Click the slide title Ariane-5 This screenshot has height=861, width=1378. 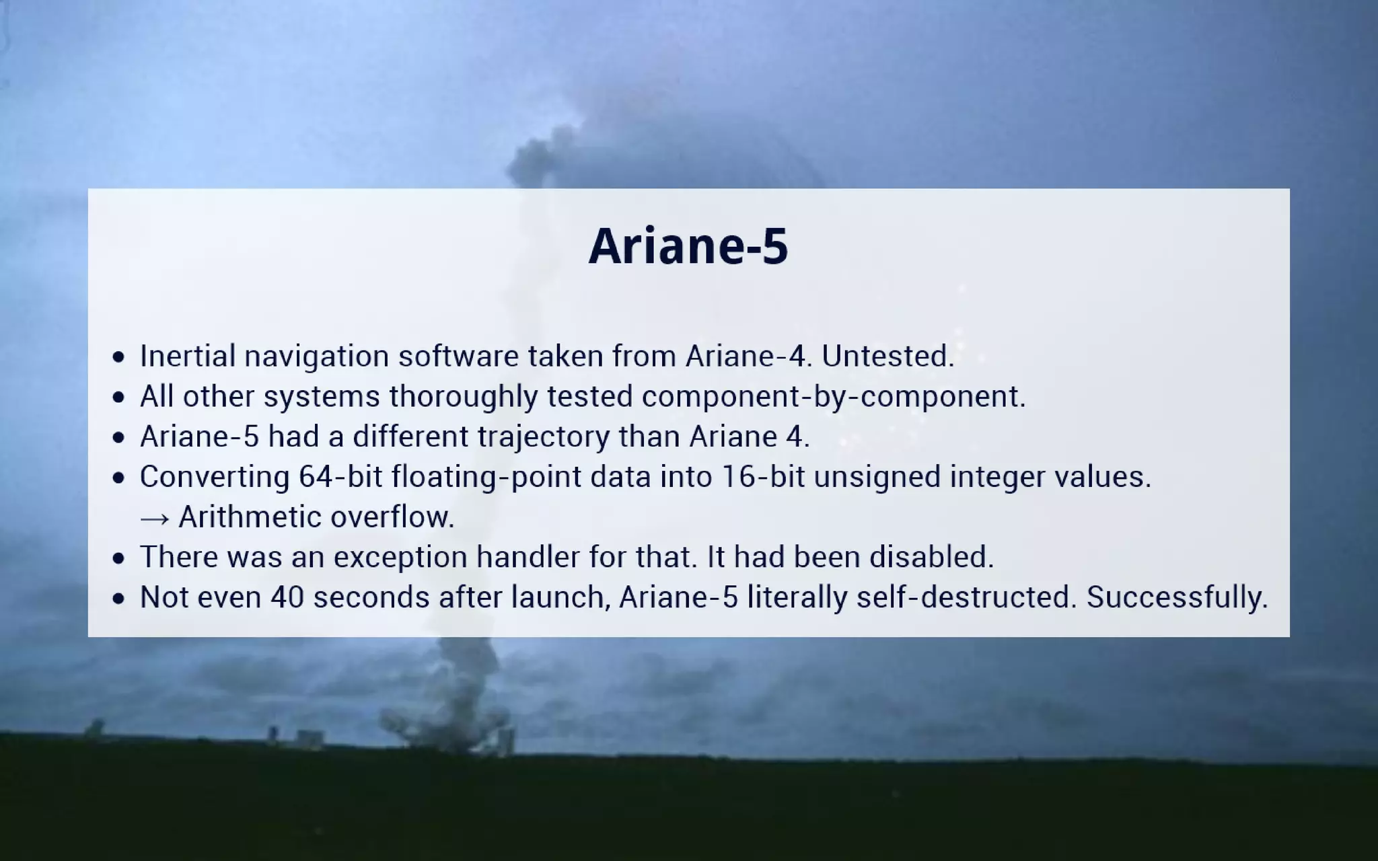(688, 246)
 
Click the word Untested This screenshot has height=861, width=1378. (887, 357)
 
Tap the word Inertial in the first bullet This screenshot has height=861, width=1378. (188, 357)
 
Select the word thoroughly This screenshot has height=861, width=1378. (464, 397)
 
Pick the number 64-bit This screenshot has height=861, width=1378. (340, 477)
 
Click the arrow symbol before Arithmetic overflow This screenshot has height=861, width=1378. (155, 518)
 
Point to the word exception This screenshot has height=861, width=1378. (400, 558)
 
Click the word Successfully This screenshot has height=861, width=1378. (1177, 597)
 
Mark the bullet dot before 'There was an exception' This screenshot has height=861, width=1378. (119, 558)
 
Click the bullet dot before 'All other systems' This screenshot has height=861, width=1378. (119, 398)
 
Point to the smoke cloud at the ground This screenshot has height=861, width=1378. (444, 720)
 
